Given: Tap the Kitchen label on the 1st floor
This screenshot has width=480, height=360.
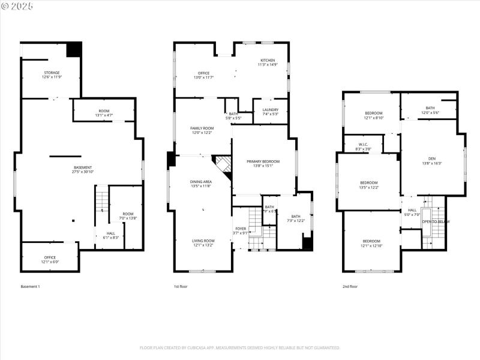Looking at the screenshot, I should (x=268, y=61).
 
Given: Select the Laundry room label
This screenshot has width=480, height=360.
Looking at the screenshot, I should (x=271, y=109).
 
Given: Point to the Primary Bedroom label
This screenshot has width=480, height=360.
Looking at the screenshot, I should (x=263, y=161).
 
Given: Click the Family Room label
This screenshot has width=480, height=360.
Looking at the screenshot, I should (x=202, y=128).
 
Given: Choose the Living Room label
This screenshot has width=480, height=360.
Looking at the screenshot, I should (x=203, y=241).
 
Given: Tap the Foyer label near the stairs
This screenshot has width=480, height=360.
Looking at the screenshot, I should (x=240, y=229).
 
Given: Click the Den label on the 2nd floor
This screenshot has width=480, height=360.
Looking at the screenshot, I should (x=432, y=158).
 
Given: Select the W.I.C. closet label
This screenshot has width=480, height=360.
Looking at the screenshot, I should (x=363, y=145).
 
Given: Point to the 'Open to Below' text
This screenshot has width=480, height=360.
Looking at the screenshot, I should (x=436, y=222).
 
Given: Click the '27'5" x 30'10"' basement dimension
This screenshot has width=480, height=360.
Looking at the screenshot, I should (x=83, y=172).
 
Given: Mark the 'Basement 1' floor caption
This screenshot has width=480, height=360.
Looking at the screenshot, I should (x=31, y=287).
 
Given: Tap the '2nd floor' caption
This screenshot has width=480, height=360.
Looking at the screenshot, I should (x=350, y=287).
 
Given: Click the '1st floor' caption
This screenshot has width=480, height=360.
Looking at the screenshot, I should (x=181, y=287).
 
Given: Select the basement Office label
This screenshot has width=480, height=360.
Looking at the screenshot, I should (x=50, y=257).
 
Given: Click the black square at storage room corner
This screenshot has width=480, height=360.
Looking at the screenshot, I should (x=74, y=49).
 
